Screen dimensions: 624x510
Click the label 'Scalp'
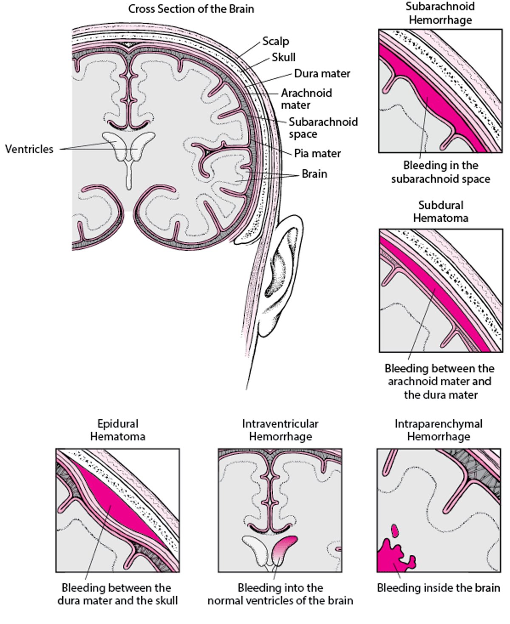pyautogui.click(x=275, y=41)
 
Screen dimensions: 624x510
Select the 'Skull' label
pyautogui.click(x=283, y=57)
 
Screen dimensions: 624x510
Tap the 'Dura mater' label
pyautogui.click(x=322, y=74)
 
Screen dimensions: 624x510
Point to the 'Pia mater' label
pyautogui.click(x=317, y=153)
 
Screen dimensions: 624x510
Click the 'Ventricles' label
pyautogui.click(x=29, y=149)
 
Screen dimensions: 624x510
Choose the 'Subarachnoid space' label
pyautogui.click(x=323, y=128)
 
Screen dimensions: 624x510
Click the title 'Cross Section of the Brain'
pyautogui.click(x=191, y=9)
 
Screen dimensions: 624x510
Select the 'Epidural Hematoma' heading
pyautogui.click(x=118, y=430)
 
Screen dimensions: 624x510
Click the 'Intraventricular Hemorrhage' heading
pyautogui.click(x=280, y=430)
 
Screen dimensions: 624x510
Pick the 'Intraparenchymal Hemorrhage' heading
pyautogui.click(x=438, y=430)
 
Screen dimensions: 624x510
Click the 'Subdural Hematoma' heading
pyautogui.click(x=441, y=211)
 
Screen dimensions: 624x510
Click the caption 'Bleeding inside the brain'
pyautogui.click(x=438, y=588)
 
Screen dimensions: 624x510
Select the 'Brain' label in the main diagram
pyautogui.click(x=314, y=174)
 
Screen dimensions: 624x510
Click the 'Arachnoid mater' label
pyautogui.click(x=306, y=99)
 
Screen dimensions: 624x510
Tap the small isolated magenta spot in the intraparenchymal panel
pyautogui.click(x=395, y=530)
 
